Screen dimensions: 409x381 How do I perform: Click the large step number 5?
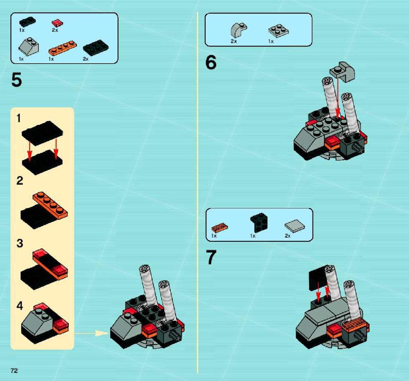click(x=17, y=80)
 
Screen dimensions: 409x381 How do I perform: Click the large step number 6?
click(x=211, y=62)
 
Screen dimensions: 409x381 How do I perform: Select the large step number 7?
click(x=211, y=257)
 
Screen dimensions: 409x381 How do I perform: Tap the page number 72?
click(x=14, y=370)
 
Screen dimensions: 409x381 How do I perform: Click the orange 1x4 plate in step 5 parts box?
click(x=62, y=48)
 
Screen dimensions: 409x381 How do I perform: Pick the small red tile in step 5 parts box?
click(x=57, y=23)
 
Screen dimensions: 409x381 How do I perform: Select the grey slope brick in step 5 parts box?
click(x=29, y=47)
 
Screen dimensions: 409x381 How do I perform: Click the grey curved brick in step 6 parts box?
click(x=238, y=30)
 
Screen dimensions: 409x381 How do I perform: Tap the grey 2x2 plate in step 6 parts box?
click(x=278, y=31)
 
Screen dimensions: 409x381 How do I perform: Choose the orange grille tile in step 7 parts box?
click(x=220, y=228)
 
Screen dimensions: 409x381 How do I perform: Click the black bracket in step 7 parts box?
click(x=259, y=223)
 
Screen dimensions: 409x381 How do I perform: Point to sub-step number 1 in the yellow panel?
click(x=19, y=118)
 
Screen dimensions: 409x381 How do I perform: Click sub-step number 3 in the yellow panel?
click(x=20, y=243)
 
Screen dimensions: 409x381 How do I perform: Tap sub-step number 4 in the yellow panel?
click(x=20, y=306)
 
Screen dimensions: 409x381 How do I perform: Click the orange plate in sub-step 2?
click(x=50, y=205)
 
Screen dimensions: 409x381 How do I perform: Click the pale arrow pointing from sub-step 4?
click(x=91, y=333)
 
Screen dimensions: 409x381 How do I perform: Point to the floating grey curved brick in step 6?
click(x=342, y=71)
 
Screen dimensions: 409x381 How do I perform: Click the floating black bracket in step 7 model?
click(x=318, y=278)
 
